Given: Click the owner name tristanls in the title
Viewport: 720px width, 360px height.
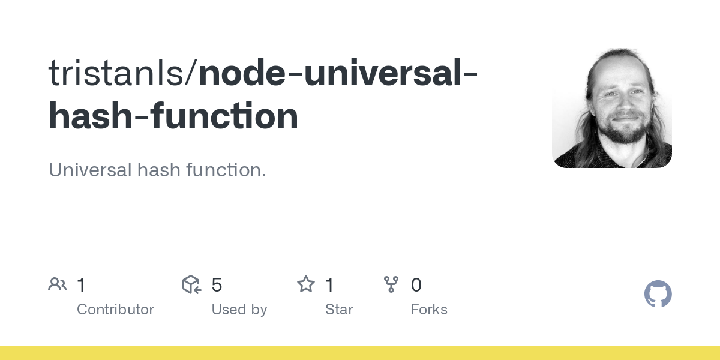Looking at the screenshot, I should tap(118, 73).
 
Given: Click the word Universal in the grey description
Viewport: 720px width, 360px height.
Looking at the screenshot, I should tap(89, 170).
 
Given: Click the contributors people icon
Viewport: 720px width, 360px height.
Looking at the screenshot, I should tap(58, 284).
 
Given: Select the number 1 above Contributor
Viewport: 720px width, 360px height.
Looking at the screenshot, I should tap(81, 285).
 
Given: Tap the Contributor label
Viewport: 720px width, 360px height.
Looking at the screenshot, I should tap(115, 310).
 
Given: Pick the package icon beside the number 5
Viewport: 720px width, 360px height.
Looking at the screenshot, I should tap(191, 284).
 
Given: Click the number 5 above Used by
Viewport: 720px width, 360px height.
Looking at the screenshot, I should tap(217, 285).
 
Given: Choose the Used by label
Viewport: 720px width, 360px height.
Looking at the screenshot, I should tap(239, 310).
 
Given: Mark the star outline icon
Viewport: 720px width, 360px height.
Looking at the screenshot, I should tap(306, 284).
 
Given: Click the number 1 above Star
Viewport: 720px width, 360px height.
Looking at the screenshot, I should tap(329, 285).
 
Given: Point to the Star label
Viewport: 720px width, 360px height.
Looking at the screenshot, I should tap(339, 310).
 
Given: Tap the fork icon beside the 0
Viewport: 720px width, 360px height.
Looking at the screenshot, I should tap(391, 284).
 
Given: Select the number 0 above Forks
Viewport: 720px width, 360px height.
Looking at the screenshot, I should tap(416, 285).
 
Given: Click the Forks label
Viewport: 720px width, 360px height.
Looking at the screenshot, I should tap(429, 310).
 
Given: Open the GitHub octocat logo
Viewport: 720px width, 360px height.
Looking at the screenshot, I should tap(658, 294).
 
